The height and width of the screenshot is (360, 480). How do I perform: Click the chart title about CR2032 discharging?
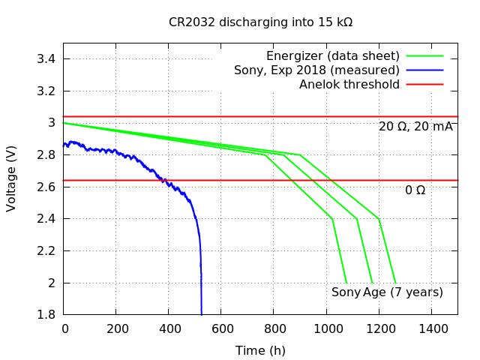click(x=260, y=22)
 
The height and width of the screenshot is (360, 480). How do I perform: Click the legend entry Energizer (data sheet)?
click(x=332, y=56)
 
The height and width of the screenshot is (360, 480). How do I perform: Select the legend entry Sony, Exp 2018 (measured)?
click(x=316, y=70)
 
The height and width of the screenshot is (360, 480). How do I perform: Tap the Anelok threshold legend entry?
click(x=349, y=85)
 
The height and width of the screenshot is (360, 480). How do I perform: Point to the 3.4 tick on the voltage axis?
click(x=47, y=59)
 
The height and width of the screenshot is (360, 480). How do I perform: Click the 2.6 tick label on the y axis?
click(x=47, y=187)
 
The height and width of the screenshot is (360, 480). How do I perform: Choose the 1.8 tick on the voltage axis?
click(x=47, y=315)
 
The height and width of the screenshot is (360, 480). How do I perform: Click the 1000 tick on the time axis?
click(x=326, y=328)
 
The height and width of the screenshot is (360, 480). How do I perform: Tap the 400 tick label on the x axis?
click(x=169, y=328)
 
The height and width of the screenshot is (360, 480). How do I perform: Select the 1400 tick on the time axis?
click(x=431, y=328)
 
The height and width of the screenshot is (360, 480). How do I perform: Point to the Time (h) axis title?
click(x=260, y=350)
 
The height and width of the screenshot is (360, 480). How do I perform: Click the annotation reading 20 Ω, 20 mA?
click(x=415, y=127)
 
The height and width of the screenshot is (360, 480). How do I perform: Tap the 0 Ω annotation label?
click(x=415, y=190)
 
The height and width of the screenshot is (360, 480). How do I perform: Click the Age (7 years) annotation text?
click(x=403, y=292)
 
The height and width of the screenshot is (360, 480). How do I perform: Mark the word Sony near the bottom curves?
click(x=346, y=292)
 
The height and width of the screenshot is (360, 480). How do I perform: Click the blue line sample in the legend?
click(x=425, y=70)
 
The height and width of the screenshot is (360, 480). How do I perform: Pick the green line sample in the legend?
click(x=425, y=56)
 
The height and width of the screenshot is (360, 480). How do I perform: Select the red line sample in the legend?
click(x=425, y=85)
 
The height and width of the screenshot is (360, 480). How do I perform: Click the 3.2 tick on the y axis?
click(x=47, y=91)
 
